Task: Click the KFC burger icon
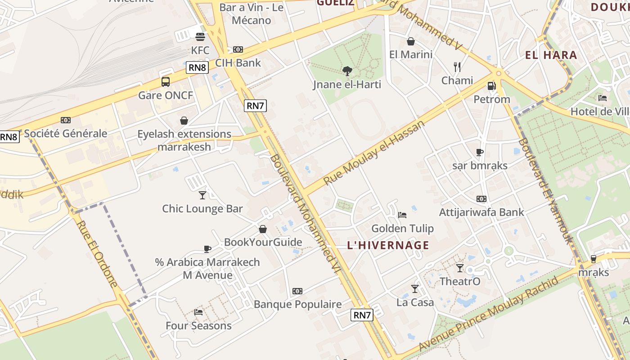click(200, 36)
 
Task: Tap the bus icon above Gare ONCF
click(166, 82)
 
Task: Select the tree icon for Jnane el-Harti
click(347, 71)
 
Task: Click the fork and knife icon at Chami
click(457, 67)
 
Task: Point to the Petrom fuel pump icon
click(492, 85)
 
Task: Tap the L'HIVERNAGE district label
click(388, 245)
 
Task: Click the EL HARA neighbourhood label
click(551, 55)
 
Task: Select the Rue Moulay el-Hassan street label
click(374, 152)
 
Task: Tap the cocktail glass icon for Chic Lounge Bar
click(202, 195)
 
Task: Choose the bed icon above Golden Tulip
click(402, 215)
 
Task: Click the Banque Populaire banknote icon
click(297, 291)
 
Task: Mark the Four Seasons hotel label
click(198, 325)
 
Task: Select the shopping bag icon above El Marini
click(411, 41)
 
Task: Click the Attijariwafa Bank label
click(481, 212)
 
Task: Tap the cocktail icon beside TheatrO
click(459, 268)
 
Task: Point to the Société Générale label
click(66, 133)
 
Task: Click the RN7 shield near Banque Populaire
click(362, 315)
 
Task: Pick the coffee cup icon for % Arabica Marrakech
click(207, 248)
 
